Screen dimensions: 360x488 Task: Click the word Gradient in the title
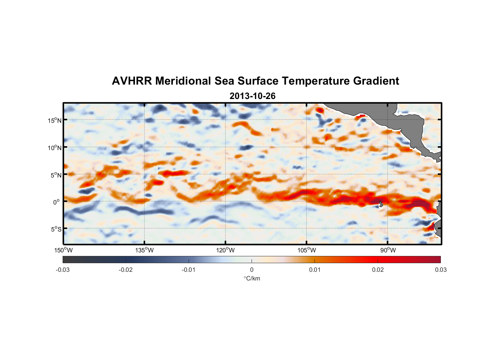pos(376,81)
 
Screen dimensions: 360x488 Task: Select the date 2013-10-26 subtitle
pos(252,96)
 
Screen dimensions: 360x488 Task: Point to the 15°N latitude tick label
pos(55,120)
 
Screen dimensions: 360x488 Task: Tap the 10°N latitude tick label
pos(55,148)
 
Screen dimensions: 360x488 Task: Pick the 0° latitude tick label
pos(57,202)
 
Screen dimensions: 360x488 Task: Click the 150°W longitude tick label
pos(63,250)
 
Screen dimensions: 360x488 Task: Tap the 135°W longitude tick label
pos(144,250)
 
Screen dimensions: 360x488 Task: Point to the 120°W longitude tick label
pos(226,250)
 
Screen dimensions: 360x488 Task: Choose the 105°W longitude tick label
pos(307,250)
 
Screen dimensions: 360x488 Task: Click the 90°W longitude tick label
pos(388,250)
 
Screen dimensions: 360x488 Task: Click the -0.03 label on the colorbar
pos(63,270)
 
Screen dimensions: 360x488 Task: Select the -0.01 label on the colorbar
pos(189,270)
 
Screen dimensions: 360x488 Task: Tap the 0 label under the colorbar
pos(252,270)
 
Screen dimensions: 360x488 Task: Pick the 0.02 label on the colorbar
pos(378,270)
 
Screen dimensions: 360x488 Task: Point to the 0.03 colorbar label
pos(440,270)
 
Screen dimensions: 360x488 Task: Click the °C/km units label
pos(252,278)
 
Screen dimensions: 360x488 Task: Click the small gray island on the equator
pos(381,204)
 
